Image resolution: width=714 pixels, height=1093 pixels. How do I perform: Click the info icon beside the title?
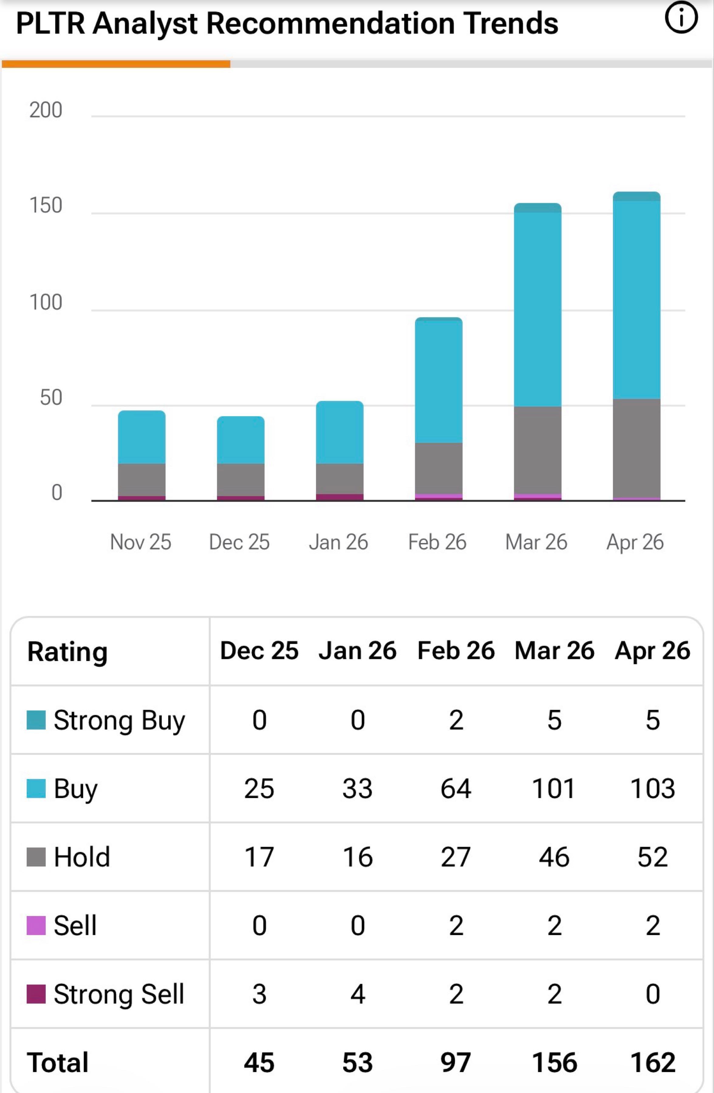(x=681, y=19)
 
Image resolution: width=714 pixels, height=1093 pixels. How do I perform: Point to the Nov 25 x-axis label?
(x=141, y=542)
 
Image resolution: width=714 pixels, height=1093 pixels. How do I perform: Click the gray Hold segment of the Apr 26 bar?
(x=636, y=448)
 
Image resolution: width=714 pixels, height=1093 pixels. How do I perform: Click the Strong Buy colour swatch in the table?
(x=36, y=720)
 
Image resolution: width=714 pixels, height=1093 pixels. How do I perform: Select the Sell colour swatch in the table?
(x=36, y=925)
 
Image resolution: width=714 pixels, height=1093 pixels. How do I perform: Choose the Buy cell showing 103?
(x=652, y=788)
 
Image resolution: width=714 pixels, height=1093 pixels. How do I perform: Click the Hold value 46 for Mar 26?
(x=554, y=857)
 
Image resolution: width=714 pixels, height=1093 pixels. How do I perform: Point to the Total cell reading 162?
(x=652, y=1062)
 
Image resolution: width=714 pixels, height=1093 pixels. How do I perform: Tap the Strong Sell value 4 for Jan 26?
(x=357, y=994)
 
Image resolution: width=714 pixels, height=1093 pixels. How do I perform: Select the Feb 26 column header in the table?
(x=456, y=651)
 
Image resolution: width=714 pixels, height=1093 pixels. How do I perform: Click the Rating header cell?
(x=67, y=652)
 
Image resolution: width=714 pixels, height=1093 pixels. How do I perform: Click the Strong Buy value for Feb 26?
(x=456, y=720)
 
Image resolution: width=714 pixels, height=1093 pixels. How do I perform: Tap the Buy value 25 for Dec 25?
(x=259, y=788)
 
